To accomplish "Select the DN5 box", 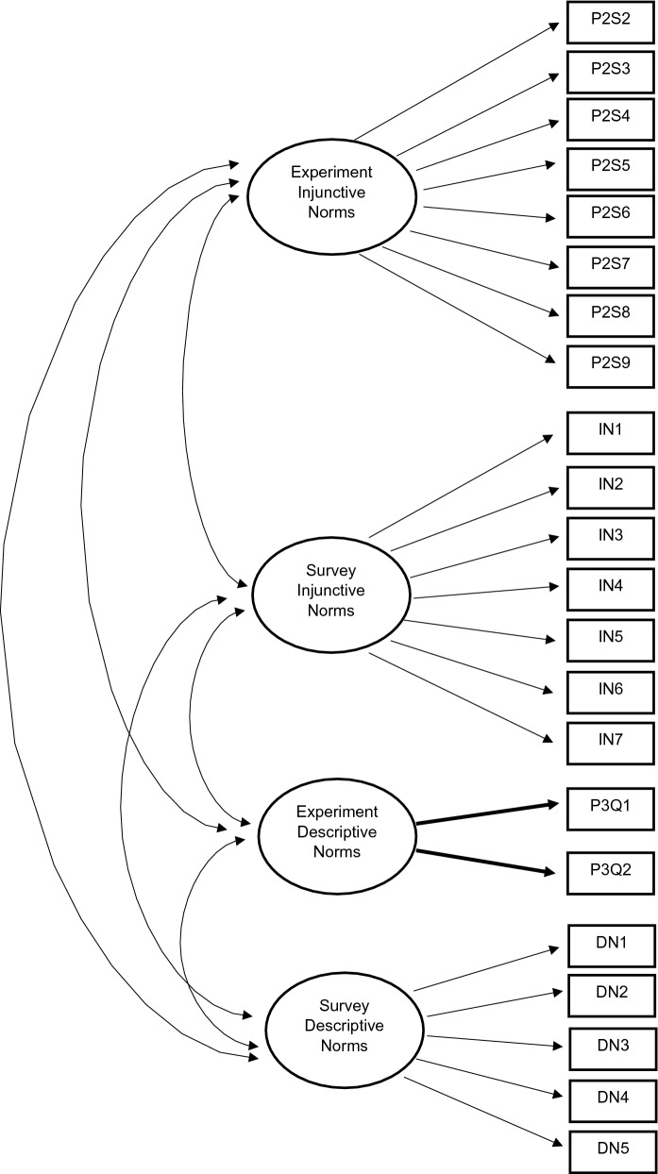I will pyautogui.click(x=612, y=1150).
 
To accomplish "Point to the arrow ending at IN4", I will pyautogui.click(x=486, y=595).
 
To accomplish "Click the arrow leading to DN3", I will pyautogui.click(x=491, y=1042).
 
